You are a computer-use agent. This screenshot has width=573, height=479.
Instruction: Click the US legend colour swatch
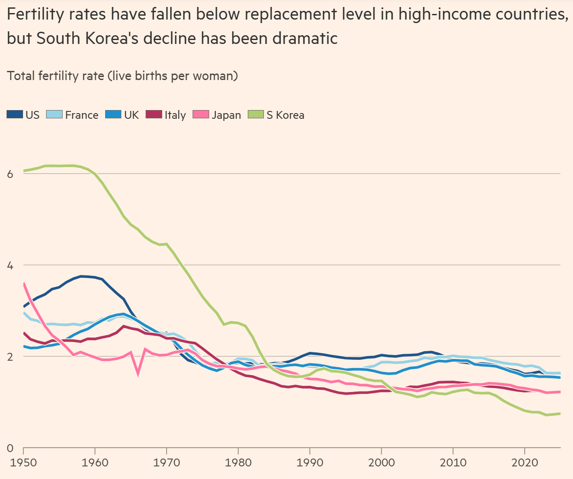[x=15, y=115]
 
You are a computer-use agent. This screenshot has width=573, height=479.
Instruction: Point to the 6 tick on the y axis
[x=10, y=174]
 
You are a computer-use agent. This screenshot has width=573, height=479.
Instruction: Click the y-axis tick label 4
[x=10, y=265]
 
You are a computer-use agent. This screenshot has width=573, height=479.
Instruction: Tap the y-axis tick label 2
[x=10, y=356]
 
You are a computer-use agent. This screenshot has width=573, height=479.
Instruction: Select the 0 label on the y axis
[x=10, y=448]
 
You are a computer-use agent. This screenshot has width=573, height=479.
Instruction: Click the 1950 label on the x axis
[x=23, y=462]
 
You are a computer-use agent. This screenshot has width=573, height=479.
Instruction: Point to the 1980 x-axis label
[x=238, y=462]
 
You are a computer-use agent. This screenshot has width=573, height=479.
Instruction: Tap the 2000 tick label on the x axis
[x=381, y=462]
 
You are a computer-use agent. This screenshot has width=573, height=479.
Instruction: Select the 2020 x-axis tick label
[x=524, y=462]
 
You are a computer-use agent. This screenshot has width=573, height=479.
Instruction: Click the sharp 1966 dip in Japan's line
[x=138, y=373]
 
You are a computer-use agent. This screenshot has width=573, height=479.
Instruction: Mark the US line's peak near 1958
[x=81, y=276]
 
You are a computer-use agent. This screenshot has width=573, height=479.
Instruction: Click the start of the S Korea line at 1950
[x=23, y=171]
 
